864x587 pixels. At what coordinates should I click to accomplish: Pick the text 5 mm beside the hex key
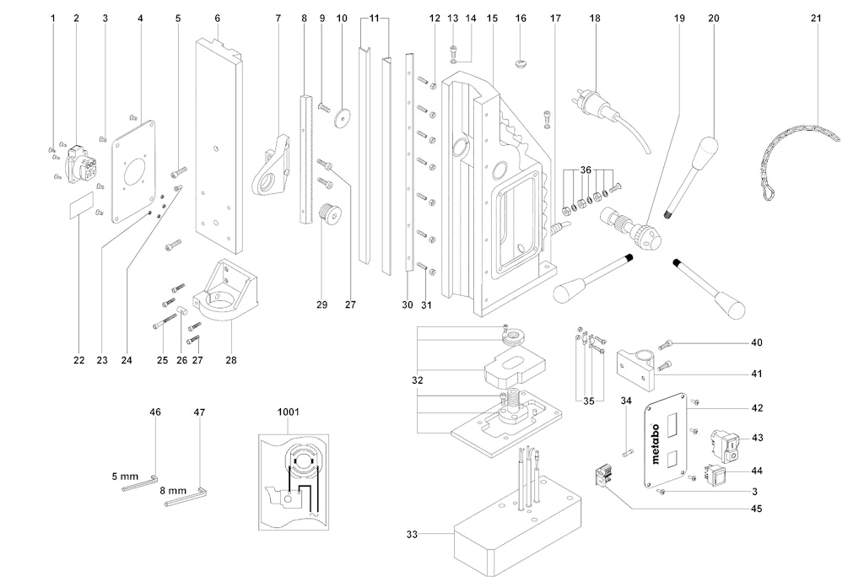tap(124, 477)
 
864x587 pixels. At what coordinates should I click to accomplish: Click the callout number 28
tap(230, 360)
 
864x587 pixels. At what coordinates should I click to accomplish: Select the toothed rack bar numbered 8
tap(305, 157)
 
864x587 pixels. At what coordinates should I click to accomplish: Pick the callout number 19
tap(676, 18)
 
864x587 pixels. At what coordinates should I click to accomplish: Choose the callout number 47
tap(199, 412)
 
